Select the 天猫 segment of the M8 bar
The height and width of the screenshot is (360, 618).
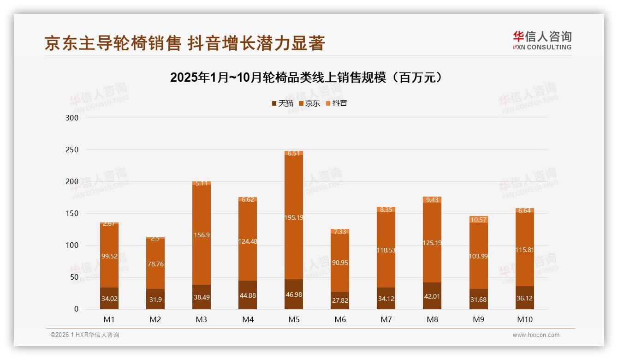tap(432, 296)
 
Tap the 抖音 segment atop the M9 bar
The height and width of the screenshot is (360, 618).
tap(478, 220)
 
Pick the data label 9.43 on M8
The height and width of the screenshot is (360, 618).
tap(432, 200)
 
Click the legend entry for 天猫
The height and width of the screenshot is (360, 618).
tap(282, 103)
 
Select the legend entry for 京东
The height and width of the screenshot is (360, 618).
tap(309, 103)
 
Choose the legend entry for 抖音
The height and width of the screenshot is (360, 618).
tap(337, 103)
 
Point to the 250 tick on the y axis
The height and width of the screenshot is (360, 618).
tap(73, 150)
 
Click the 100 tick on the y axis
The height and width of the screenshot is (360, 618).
tap(73, 246)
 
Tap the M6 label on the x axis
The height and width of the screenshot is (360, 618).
tap(340, 319)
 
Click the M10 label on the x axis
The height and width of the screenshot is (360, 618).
tap(524, 319)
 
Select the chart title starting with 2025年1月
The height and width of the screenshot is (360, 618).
tap(308, 78)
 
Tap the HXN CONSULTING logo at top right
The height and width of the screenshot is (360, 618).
tap(542, 40)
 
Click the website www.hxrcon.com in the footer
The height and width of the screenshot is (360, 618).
tap(536, 335)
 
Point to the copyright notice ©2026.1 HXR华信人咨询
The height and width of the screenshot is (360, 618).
tap(85, 335)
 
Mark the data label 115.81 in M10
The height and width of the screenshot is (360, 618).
tap(524, 250)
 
